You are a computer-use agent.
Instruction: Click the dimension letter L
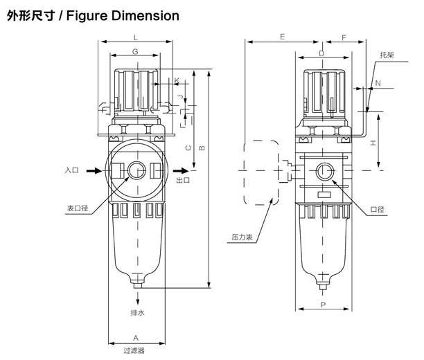tap(136, 37)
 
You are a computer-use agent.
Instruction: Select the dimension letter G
tap(135, 51)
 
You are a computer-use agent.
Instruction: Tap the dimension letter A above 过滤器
tap(136, 338)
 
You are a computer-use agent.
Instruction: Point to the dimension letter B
tap(202, 148)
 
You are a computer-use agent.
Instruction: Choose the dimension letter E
tap(282, 37)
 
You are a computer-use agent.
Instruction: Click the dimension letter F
tap(344, 37)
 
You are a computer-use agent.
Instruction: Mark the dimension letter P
tap(323, 305)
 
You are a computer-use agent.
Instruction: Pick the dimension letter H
tap(373, 143)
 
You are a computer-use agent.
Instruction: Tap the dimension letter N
tap(378, 83)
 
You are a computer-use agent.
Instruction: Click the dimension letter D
tap(321, 53)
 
